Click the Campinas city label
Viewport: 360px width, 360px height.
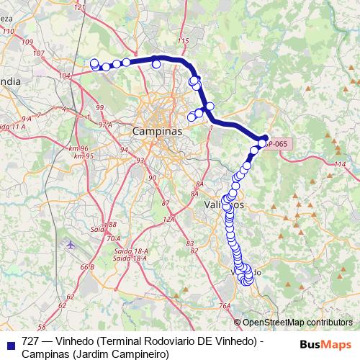[157, 132]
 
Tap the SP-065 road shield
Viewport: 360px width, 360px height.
[276, 144]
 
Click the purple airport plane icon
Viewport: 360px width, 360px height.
[71, 244]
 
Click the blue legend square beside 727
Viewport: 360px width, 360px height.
[10, 343]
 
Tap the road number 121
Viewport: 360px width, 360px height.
[79, 8]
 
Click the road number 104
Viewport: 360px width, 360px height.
[66, 75]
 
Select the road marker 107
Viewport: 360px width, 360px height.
[28, 42]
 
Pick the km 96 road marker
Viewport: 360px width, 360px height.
[78, 148]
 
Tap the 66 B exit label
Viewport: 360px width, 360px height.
[87, 267]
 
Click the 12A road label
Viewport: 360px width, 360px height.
[169, 219]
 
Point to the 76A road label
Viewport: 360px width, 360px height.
[225, 306]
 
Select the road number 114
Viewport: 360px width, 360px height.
[341, 166]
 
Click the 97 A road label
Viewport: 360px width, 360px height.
[106, 125]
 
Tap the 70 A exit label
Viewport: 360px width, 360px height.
[113, 238]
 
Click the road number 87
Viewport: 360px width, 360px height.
[165, 204]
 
